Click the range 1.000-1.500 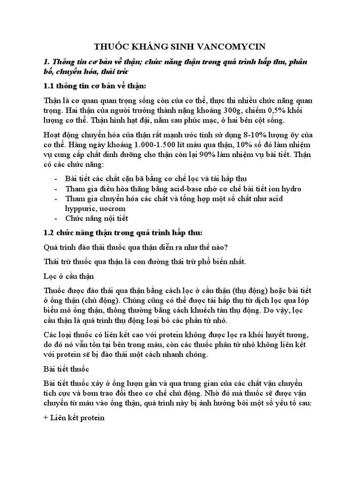click(x=160, y=144)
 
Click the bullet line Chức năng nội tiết click(x=97, y=218)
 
